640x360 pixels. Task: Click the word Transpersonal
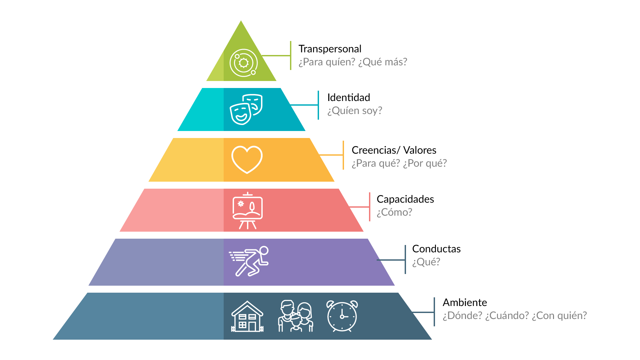click(330, 49)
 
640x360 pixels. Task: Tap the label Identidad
click(348, 98)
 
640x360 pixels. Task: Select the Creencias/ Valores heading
click(394, 150)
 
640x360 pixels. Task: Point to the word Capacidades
click(405, 199)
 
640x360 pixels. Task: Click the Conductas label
click(436, 249)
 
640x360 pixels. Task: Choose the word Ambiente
click(465, 303)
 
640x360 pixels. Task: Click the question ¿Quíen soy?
click(354, 111)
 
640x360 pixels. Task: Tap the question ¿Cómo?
click(394, 212)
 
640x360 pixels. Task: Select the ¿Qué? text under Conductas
click(426, 262)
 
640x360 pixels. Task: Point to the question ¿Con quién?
click(559, 316)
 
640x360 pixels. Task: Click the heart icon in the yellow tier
click(247, 159)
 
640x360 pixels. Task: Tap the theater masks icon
click(246, 109)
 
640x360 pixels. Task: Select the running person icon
click(249, 261)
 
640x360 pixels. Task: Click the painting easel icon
click(247, 211)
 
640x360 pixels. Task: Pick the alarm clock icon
click(342, 316)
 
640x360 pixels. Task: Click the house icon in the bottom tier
click(247, 316)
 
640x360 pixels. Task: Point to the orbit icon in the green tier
click(244, 63)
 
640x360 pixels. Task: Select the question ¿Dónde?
click(462, 316)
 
